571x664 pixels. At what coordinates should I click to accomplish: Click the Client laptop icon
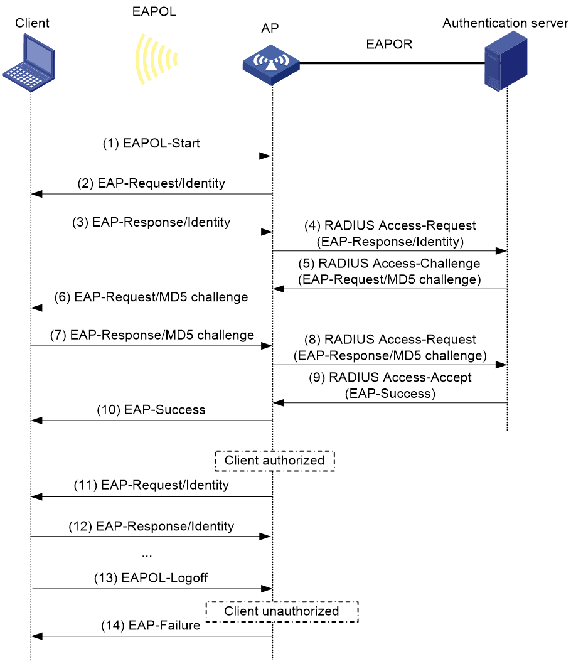[x=29, y=63]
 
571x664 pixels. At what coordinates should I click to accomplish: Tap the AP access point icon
[x=271, y=65]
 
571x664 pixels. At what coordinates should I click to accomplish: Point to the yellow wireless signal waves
[x=156, y=59]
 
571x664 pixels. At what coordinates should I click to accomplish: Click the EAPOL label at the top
[x=154, y=11]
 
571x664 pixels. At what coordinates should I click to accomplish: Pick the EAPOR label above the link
[x=389, y=44]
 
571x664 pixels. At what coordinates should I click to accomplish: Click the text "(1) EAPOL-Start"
[x=151, y=143]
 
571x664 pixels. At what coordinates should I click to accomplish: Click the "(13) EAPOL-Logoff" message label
[x=151, y=577]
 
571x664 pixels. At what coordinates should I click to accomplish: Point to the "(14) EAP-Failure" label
[x=151, y=625]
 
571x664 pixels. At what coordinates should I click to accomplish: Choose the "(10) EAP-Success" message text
[x=151, y=409]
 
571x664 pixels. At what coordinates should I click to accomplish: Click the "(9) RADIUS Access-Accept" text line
[x=390, y=377]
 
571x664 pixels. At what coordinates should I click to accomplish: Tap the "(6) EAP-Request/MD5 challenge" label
[x=151, y=297]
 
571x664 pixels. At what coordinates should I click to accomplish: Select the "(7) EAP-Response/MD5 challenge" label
[x=152, y=335]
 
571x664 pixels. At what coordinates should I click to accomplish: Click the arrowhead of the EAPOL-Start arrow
[x=265, y=156]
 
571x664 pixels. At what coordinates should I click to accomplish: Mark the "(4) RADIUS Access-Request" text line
[x=390, y=225]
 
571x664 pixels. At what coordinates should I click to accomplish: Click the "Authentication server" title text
[x=505, y=23]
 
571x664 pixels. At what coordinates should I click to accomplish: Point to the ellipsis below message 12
[x=147, y=555]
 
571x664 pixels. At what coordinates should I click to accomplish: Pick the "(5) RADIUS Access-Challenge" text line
[x=389, y=264]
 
